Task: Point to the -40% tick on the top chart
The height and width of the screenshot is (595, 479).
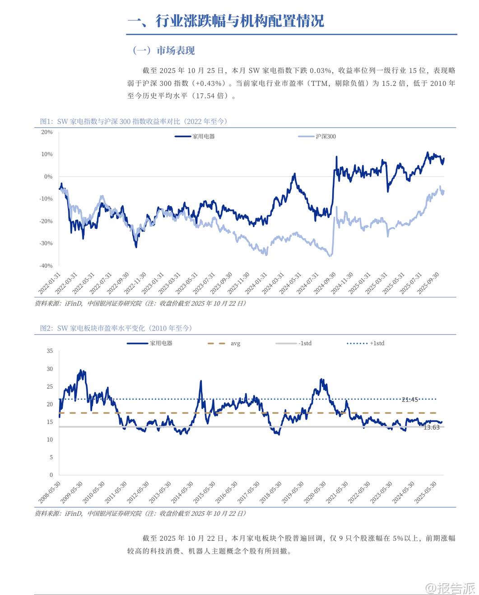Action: point(46,266)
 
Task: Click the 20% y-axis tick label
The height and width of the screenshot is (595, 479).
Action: point(47,132)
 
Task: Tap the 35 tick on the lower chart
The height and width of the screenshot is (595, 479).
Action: point(50,351)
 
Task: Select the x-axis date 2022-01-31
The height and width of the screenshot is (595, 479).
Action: point(50,283)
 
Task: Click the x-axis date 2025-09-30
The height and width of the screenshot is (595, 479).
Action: point(428,283)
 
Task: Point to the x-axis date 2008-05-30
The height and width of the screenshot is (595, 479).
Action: point(50,492)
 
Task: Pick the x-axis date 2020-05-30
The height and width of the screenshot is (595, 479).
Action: point(315,492)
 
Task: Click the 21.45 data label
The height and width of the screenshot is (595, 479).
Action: point(410,400)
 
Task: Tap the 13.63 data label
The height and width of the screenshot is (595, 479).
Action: point(432,427)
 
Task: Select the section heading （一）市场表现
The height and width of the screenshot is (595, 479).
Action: point(163,50)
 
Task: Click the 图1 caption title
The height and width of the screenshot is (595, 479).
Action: point(134,121)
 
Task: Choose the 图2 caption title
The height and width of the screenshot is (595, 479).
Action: point(116,328)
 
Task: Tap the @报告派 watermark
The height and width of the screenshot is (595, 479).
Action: point(451,587)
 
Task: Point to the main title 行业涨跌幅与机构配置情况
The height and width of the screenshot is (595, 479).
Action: point(239,21)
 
